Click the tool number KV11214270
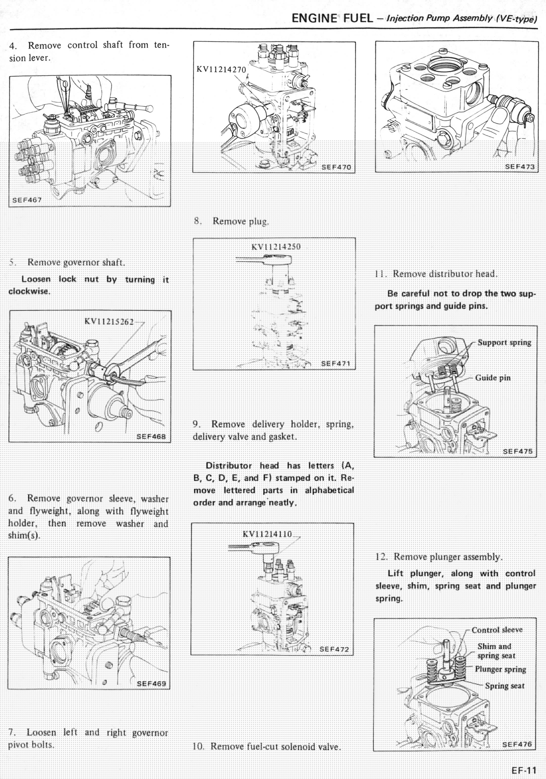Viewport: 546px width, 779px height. click(221, 70)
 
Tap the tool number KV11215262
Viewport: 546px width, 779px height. click(109, 321)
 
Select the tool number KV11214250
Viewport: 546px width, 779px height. click(276, 247)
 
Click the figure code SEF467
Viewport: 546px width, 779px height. click(27, 200)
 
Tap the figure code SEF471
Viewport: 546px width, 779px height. click(335, 364)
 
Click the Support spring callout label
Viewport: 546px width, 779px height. click(504, 342)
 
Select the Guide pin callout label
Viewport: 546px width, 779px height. click(493, 378)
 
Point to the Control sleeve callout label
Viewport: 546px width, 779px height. click(497, 630)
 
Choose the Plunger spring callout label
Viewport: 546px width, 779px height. click(500, 669)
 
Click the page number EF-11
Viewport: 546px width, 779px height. click(524, 770)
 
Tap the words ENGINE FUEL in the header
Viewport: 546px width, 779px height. click(332, 18)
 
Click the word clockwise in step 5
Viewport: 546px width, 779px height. click(29, 291)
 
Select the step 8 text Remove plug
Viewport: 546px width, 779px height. click(240, 221)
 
